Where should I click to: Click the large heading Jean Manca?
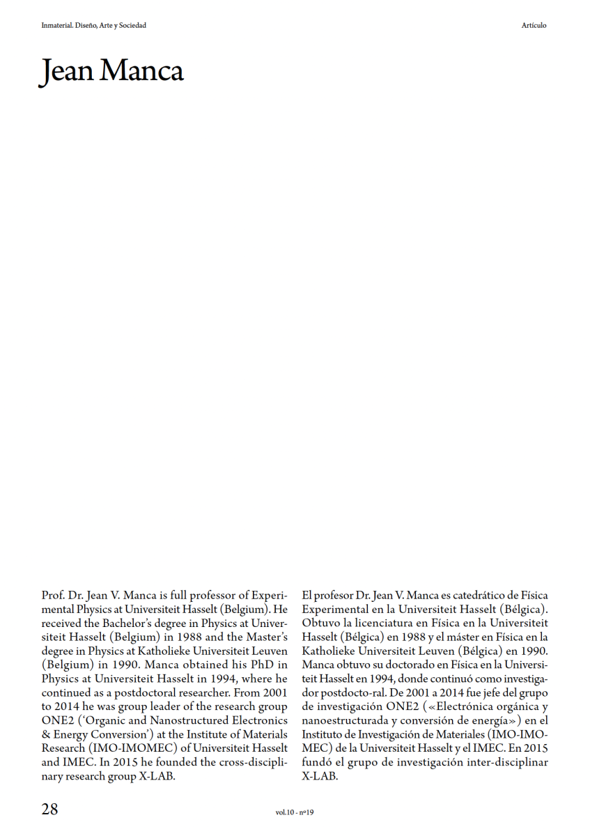pyautogui.click(x=111, y=71)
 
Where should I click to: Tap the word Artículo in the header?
pyautogui.click(x=534, y=26)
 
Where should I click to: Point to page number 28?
pyautogui.click(x=50, y=810)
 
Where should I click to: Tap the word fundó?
pyautogui.click(x=316, y=761)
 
